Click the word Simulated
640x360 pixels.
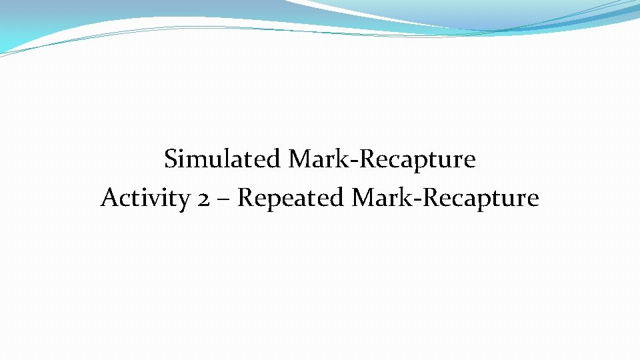(x=223, y=160)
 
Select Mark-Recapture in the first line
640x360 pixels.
(x=382, y=160)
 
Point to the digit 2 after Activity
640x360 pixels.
(x=205, y=199)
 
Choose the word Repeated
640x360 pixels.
(x=291, y=199)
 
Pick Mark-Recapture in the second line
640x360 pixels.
(x=445, y=199)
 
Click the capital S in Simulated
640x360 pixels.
(x=171, y=160)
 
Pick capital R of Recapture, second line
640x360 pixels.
(x=432, y=198)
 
